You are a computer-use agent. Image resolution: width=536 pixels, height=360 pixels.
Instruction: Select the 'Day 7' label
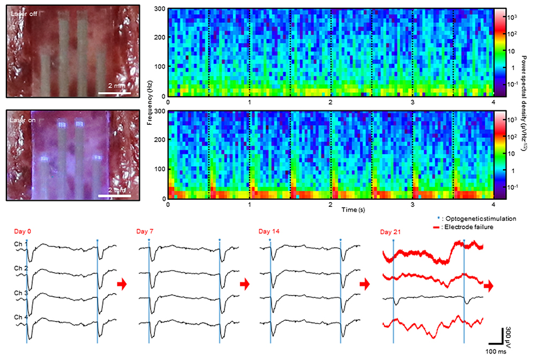[x=145, y=231]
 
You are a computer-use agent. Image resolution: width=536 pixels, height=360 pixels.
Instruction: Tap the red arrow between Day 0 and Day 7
[x=122, y=284]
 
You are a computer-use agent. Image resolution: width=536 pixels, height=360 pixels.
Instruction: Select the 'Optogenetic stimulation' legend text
[x=472, y=219]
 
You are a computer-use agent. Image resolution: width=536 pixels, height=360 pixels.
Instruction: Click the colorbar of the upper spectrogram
[x=499, y=52]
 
